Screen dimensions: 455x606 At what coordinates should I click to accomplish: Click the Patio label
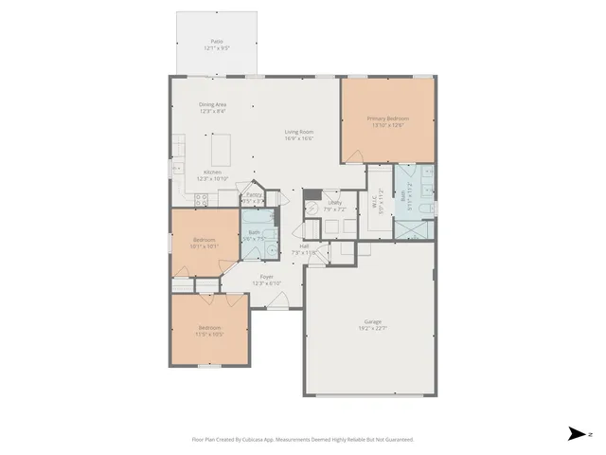click(x=217, y=42)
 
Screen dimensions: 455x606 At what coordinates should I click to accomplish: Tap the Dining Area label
click(x=212, y=104)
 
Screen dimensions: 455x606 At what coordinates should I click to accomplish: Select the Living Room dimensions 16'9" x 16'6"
click(x=299, y=138)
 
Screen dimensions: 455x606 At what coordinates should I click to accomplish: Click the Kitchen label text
click(x=212, y=172)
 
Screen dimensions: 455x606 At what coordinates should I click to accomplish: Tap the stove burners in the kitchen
click(x=202, y=199)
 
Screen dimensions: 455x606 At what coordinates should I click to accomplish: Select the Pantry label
click(x=253, y=195)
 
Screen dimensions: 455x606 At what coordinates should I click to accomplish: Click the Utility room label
click(x=335, y=202)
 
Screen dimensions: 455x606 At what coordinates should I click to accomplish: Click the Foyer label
click(x=267, y=277)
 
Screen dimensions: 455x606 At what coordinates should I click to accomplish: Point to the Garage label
click(x=373, y=321)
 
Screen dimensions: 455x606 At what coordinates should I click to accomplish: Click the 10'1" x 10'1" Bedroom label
click(x=205, y=240)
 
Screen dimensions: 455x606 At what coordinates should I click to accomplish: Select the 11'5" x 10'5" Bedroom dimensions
click(x=209, y=334)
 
